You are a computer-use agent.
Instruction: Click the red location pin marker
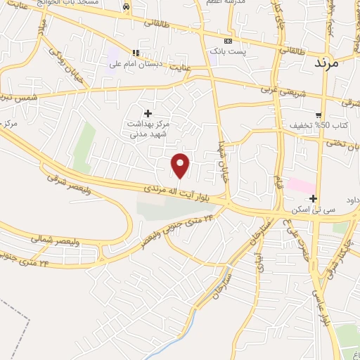tap(181, 165)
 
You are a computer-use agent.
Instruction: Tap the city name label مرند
tap(324, 62)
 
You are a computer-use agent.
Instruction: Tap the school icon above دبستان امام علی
tap(136, 53)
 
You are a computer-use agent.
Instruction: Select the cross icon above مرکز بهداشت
tap(148, 113)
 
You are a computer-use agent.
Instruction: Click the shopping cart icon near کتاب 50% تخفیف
tap(319, 115)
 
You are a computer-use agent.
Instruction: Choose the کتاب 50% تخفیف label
tap(311, 126)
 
